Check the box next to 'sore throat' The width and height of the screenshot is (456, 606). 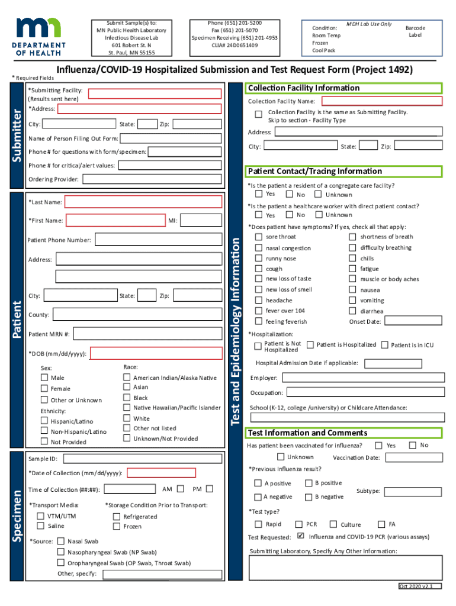(x=258, y=237)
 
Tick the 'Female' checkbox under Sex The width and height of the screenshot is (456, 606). (x=44, y=388)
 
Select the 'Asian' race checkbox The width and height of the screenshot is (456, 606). (x=126, y=387)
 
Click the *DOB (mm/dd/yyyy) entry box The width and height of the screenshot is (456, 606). (x=156, y=354)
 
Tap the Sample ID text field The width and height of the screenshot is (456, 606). (x=142, y=459)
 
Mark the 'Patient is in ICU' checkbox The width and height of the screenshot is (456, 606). (x=384, y=344)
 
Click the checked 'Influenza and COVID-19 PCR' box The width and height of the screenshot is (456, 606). (x=300, y=537)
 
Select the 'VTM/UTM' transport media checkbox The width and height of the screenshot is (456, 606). (x=41, y=516)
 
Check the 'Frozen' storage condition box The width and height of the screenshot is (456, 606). (x=117, y=526)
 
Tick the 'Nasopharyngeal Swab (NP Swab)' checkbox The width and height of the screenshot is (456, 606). (x=61, y=552)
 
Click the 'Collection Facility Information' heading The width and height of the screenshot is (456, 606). (x=303, y=88)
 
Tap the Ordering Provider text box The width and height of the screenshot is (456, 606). (x=152, y=179)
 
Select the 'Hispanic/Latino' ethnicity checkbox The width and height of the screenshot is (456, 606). (x=44, y=421)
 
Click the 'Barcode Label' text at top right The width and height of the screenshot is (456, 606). (x=415, y=31)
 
